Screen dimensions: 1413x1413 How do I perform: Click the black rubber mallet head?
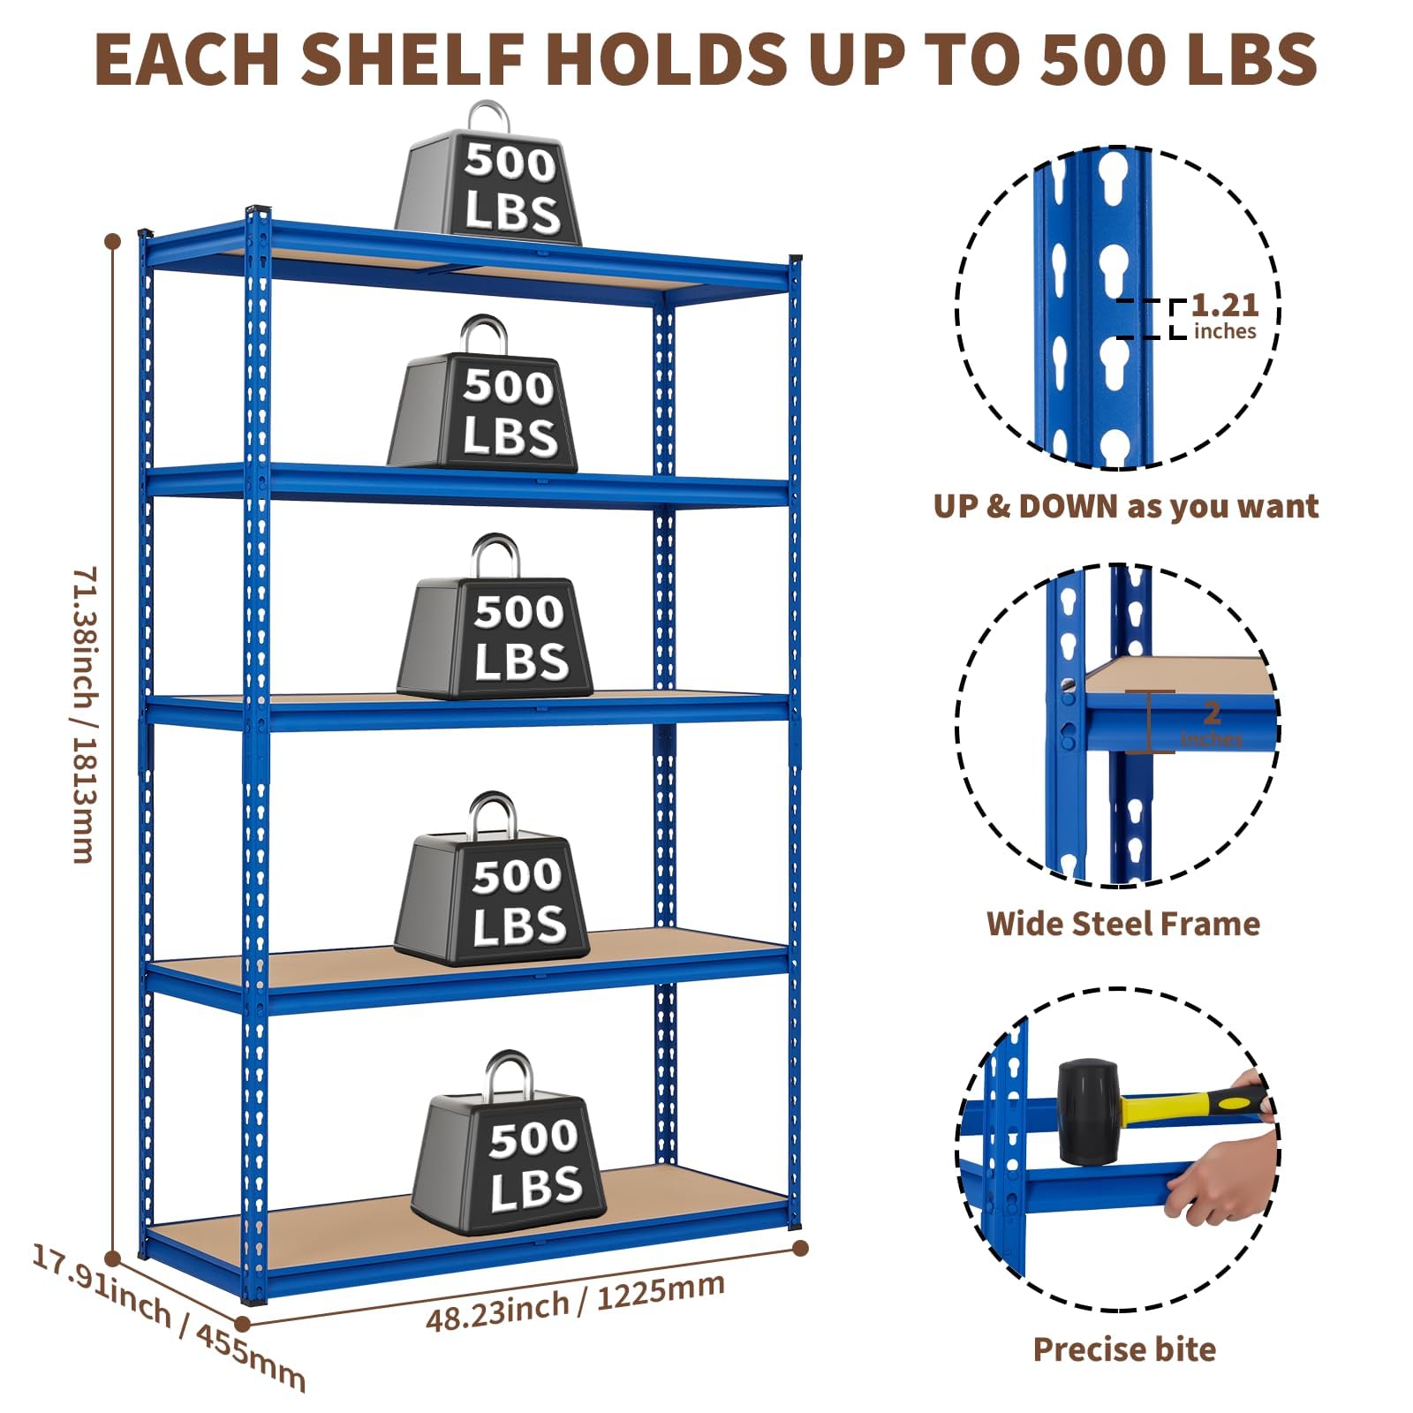pos(1088,1113)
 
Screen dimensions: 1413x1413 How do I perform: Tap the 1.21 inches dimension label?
pos(1225,316)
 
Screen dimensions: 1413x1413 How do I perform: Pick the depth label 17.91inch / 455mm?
pos(168,1316)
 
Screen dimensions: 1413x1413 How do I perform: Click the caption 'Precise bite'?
pos(1124,1350)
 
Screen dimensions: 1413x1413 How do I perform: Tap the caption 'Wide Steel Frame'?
pos(1123,924)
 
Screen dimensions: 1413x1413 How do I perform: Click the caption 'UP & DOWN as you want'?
pos(1126,506)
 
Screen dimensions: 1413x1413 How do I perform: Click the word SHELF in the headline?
pos(420,58)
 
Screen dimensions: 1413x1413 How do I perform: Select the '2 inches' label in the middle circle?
pos(1212,724)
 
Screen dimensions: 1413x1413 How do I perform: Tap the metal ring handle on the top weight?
pos(489,117)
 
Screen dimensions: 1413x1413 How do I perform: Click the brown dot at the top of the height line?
pos(112,241)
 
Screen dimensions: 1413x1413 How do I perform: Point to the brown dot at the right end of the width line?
pos(800,1248)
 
